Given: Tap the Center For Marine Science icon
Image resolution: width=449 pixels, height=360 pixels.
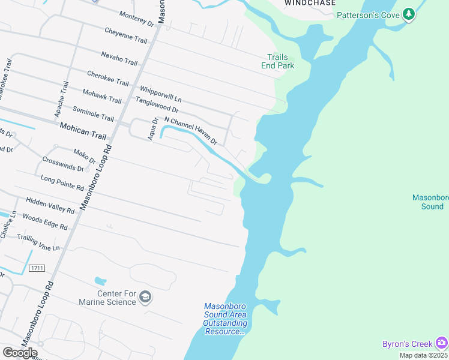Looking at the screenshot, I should click(x=145, y=296).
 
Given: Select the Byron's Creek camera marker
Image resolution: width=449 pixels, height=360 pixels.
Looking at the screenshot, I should click(x=441, y=343).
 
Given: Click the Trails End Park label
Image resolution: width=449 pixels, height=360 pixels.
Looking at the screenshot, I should click(x=278, y=62).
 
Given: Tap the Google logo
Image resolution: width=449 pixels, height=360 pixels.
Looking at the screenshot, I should click(x=20, y=352).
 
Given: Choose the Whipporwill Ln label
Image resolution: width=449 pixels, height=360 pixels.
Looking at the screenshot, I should click(x=160, y=92).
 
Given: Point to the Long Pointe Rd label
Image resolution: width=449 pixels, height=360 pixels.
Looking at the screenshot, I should click(x=62, y=183).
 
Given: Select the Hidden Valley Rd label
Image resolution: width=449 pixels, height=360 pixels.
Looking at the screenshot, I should click(x=50, y=206).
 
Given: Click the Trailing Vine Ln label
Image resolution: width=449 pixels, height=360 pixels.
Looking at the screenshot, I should click(x=38, y=243).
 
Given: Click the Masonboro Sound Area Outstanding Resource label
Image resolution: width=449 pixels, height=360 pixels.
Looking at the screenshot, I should click(x=225, y=319).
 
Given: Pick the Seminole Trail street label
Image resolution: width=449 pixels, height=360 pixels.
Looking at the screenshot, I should click(x=93, y=114).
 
